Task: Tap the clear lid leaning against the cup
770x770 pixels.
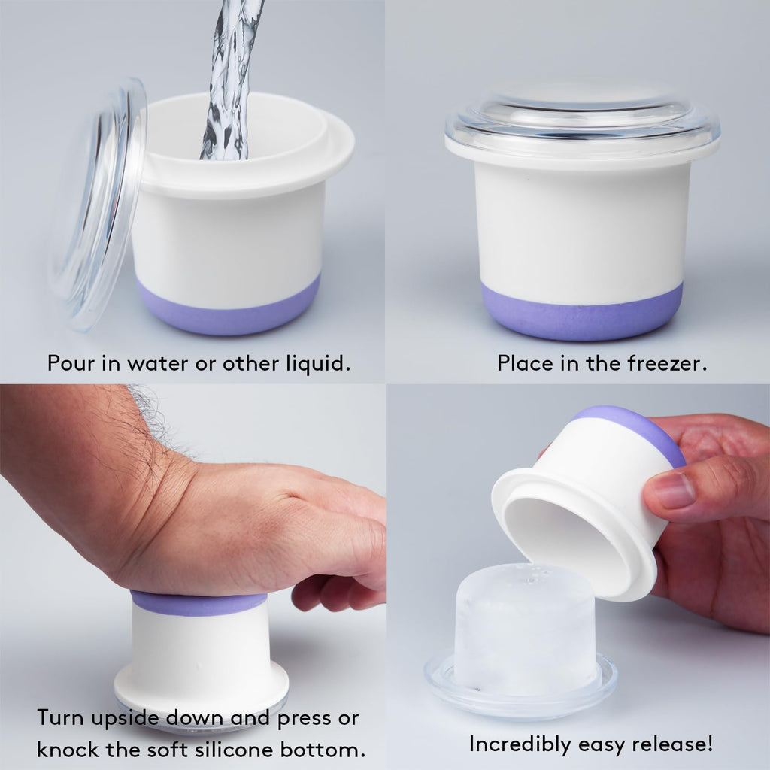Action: (99, 206)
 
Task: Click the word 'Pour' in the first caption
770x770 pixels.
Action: (71, 363)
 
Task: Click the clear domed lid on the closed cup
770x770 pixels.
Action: (583, 123)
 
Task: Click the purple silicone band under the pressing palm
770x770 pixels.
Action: (199, 603)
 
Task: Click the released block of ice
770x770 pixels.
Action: (526, 631)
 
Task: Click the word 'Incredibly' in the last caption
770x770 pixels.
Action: (520, 744)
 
